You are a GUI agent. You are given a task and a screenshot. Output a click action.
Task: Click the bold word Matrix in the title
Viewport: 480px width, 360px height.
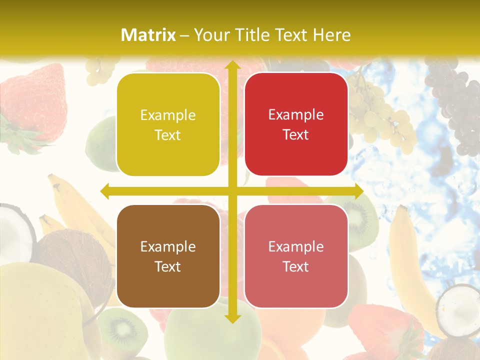(x=148, y=34)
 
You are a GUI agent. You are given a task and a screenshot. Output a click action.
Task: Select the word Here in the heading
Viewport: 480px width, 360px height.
(x=331, y=34)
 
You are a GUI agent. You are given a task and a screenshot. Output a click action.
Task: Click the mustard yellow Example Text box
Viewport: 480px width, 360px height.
(x=168, y=124)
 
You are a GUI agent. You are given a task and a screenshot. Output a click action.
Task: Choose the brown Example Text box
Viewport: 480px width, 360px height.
(x=168, y=256)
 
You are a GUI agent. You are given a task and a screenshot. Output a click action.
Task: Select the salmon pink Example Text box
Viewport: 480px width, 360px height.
(x=296, y=256)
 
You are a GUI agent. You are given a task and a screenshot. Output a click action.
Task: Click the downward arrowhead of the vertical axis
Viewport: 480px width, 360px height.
(x=232, y=318)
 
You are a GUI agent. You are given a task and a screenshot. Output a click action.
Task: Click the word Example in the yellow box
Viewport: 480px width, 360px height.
(x=168, y=115)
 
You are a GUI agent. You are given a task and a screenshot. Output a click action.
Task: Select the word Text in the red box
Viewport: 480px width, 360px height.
(x=296, y=134)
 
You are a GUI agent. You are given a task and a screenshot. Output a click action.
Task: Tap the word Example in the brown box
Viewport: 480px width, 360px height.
(x=168, y=246)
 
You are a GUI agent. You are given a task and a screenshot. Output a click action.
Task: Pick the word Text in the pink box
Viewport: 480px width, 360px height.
(x=296, y=266)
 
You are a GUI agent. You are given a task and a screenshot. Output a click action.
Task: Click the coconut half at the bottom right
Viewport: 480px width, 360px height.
(x=458, y=307)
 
